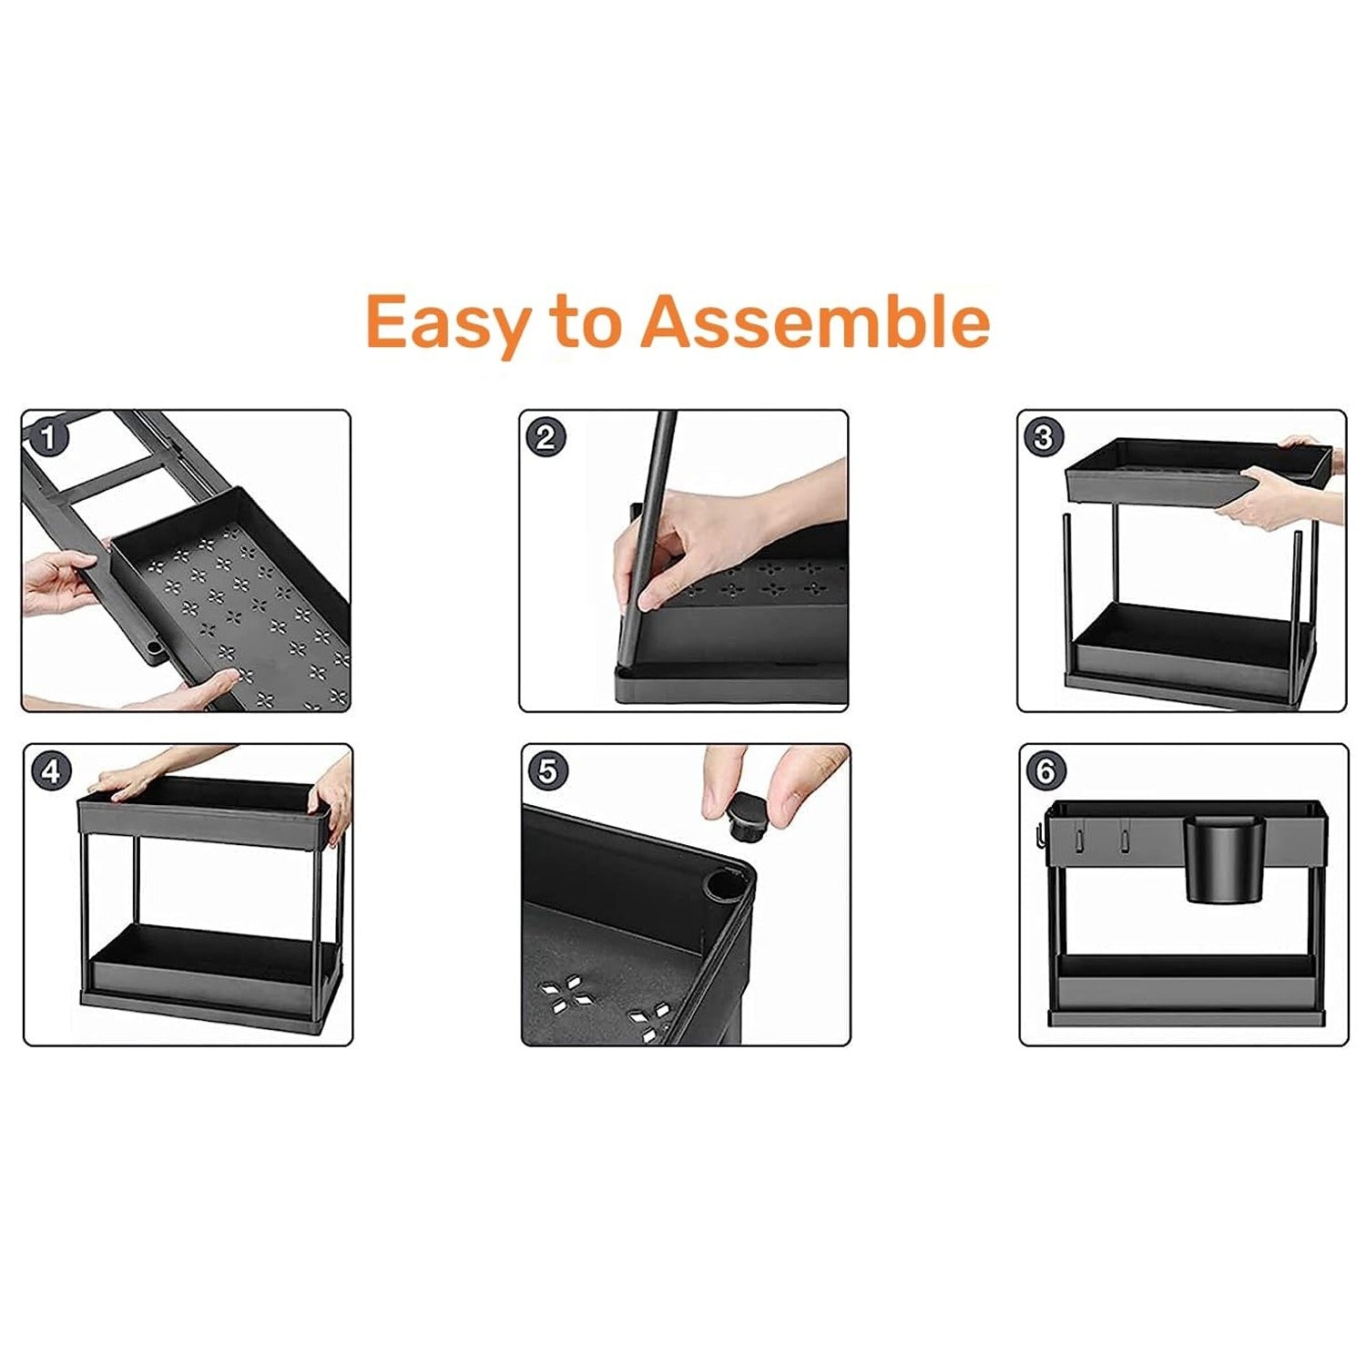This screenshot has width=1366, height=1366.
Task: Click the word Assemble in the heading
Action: pyautogui.click(x=815, y=321)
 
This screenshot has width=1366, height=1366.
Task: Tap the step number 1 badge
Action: pyautogui.click(x=49, y=438)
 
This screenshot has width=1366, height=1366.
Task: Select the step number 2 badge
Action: pyautogui.click(x=545, y=438)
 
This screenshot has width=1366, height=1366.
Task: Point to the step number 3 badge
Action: pyautogui.click(x=1044, y=438)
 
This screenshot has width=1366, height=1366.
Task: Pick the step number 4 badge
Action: pyautogui.click(x=51, y=772)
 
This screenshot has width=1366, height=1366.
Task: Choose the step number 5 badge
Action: pyautogui.click(x=547, y=772)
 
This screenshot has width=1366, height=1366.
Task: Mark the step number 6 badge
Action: pyautogui.click(x=1045, y=772)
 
